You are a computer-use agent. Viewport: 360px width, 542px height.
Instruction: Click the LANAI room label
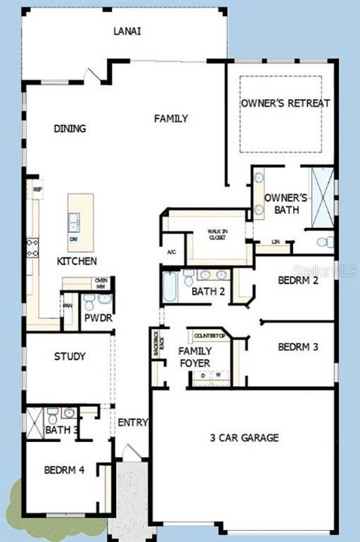click(127, 31)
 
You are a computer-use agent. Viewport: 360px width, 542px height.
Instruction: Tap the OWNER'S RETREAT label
click(285, 103)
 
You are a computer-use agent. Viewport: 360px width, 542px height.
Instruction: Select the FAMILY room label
click(171, 118)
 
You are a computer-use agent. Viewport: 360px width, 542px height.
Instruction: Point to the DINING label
click(69, 129)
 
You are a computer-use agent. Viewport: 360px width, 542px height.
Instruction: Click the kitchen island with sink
click(81, 222)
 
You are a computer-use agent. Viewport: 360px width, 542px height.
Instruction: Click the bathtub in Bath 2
click(169, 286)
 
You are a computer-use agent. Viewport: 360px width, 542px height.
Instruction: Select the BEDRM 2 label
click(297, 280)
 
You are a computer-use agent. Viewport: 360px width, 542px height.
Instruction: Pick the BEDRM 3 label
click(297, 347)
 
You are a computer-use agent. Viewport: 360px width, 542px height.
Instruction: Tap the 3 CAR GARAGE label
click(244, 437)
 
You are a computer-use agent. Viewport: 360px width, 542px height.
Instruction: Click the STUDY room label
click(69, 356)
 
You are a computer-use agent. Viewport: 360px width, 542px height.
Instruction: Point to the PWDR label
click(97, 318)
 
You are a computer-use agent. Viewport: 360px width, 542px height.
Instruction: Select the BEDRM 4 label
click(64, 470)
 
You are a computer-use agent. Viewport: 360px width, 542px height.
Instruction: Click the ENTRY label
click(133, 422)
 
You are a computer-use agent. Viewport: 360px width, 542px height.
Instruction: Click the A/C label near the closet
click(171, 251)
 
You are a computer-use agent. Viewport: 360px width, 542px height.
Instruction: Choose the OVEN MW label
click(101, 283)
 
